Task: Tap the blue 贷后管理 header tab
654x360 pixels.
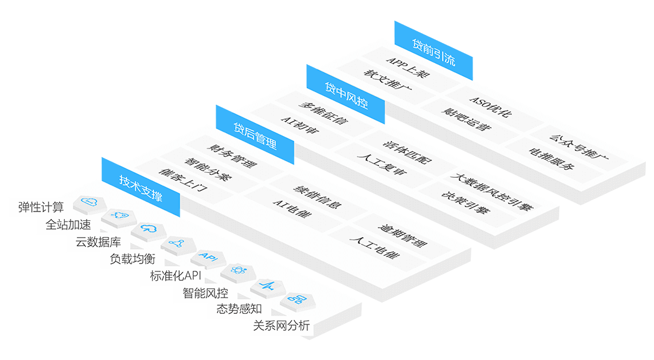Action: click(x=255, y=136)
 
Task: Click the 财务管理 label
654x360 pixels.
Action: click(x=231, y=157)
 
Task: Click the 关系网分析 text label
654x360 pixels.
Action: click(x=281, y=326)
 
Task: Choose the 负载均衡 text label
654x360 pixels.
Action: click(x=132, y=259)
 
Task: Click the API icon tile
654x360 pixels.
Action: click(x=206, y=256)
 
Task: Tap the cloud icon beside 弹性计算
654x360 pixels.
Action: click(x=90, y=202)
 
